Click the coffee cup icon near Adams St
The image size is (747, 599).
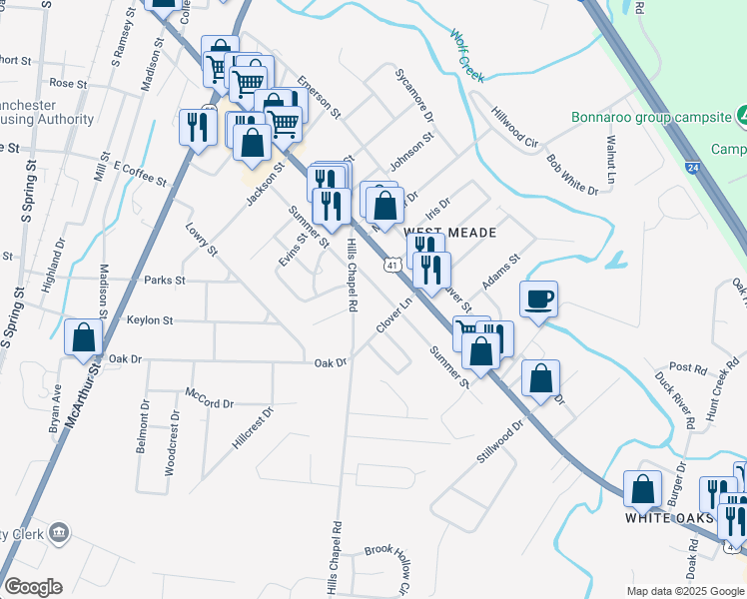click(x=538, y=299)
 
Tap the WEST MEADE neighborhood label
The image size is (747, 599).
click(x=448, y=232)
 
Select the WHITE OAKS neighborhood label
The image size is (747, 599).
click(x=669, y=518)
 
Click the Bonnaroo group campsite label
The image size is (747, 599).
click(x=651, y=117)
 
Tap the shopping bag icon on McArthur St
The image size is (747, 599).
click(x=84, y=337)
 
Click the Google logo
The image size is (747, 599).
click(x=33, y=587)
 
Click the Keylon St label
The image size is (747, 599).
click(x=150, y=320)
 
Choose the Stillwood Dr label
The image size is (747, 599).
click(x=500, y=441)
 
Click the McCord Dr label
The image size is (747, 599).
click(x=209, y=397)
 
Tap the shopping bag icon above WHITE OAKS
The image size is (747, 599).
click(x=642, y=488)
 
